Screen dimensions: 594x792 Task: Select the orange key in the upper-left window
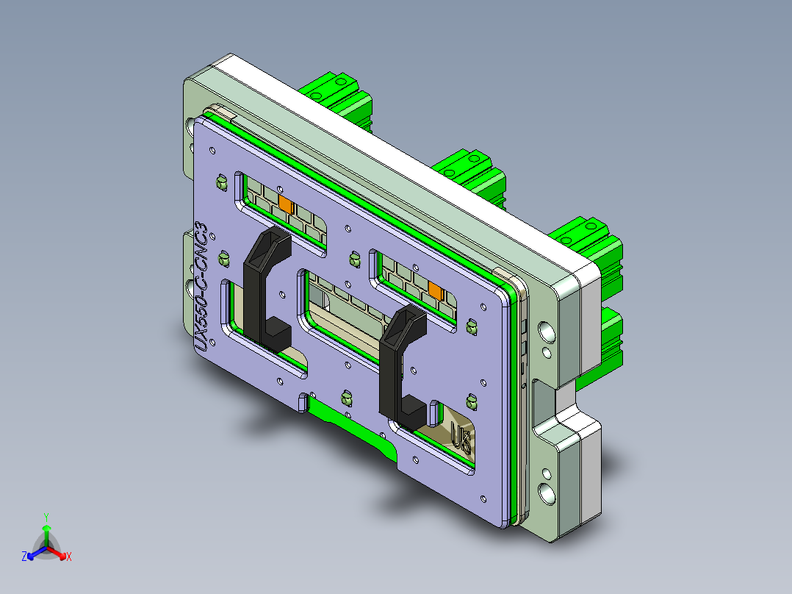pos(285,203)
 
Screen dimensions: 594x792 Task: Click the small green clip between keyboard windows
pos(354,258)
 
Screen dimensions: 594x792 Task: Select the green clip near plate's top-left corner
pos(220,181)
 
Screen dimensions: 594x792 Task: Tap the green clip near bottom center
pos(345,398)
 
